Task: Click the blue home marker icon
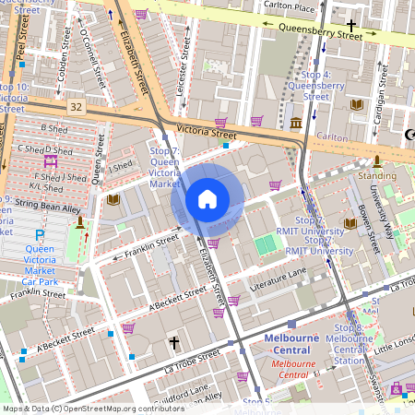coord(207,199)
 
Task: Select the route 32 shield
coord(76,108)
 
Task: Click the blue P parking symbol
coord(40,235)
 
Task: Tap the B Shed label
coord(55,129)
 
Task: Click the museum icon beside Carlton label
coord(295,123)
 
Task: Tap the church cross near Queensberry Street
coord(350,25)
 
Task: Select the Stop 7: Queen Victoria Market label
coord(165,166)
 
